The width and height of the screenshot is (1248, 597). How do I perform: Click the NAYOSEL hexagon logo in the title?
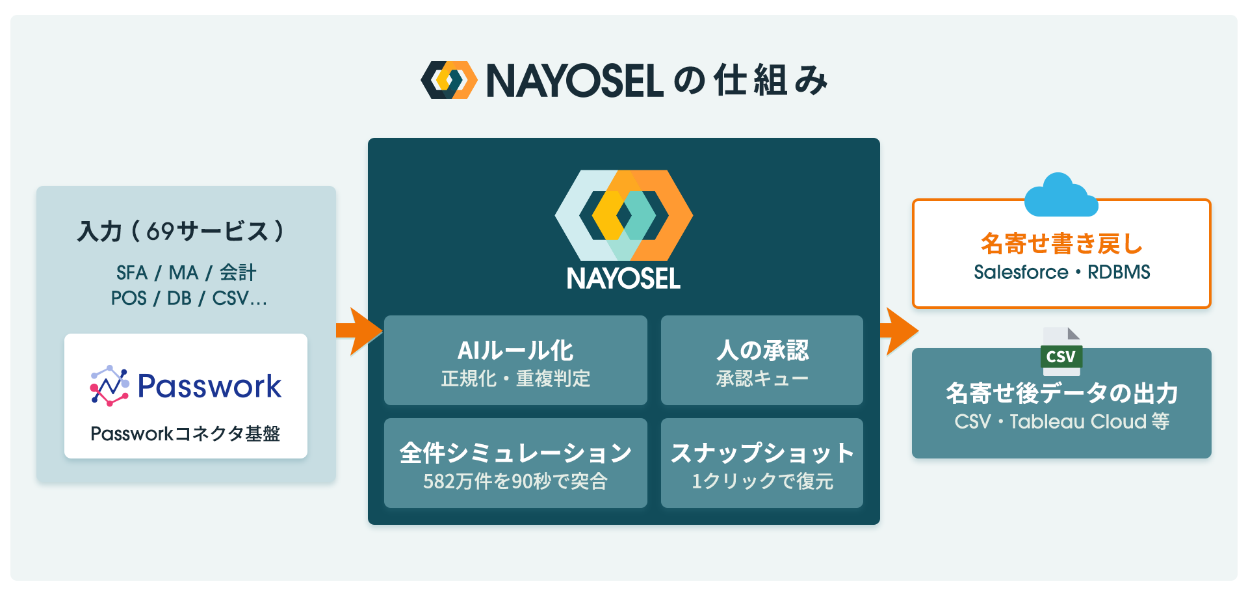[449, 80]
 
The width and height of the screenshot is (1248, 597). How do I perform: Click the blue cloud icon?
[1061, 195]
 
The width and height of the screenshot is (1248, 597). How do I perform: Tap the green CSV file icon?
[1061, 351]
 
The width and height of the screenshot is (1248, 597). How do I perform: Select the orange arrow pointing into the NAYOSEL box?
[359, 331]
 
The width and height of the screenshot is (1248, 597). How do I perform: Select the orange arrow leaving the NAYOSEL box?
[899, 331]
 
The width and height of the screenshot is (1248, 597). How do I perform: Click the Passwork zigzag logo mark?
[109, 386]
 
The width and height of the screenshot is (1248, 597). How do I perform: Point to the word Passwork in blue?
[209, 386]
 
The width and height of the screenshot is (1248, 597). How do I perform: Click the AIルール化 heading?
[515, 351]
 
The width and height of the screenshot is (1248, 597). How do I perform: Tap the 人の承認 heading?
[762, 351]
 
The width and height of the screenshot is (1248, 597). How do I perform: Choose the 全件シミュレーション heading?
[515, 453]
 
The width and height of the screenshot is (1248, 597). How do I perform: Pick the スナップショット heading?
[762, 453]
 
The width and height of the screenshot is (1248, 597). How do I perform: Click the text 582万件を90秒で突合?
[515, 481]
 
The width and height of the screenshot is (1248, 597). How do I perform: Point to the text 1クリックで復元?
[762, 481]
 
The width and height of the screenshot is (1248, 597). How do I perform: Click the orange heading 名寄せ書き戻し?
[1061, 244]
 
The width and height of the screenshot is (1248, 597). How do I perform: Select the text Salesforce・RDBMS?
[1061, 272]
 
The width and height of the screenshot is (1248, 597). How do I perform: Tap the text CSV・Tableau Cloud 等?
[1061, 421]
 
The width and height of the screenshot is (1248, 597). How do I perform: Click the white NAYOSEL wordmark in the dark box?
[623, 279]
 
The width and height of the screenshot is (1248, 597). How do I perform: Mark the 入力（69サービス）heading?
[181, 232]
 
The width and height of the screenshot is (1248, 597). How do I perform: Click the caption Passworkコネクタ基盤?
[185, 434]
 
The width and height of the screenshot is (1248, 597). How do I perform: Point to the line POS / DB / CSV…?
[188, 298]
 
